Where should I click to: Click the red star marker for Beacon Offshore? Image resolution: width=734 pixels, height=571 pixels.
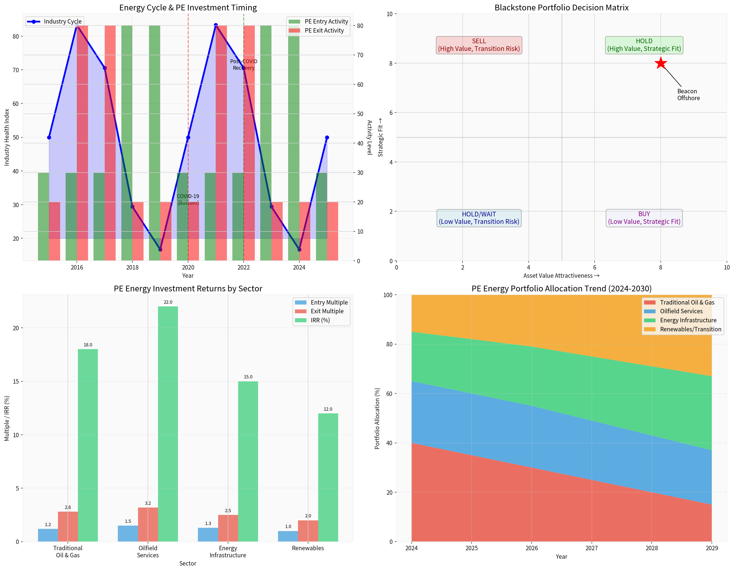[x=660, y=63]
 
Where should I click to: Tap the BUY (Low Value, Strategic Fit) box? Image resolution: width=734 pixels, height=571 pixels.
[x=644, y=218]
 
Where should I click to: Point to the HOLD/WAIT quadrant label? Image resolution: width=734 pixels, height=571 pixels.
[x=479, y=218]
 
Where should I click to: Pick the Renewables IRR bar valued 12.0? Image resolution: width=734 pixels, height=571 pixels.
[x=328, y=477]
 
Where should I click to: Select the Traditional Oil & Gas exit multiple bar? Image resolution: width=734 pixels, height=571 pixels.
[x=68, y=527]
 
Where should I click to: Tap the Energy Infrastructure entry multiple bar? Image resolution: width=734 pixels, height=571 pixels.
[x=208, y=535]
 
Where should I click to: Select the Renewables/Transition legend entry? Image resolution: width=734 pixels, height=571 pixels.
[x=690, y=329]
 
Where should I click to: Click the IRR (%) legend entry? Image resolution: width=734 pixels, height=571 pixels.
[x=320, y=320]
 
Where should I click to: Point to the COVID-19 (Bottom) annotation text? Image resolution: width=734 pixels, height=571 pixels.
[x=188, y=199]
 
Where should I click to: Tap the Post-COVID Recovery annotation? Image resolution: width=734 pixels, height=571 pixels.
[x=244, y=65]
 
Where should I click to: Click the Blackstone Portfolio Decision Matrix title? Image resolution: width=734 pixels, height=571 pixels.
[x=561, y=7]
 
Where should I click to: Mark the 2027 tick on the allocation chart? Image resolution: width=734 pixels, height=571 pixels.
[x=592, y=548]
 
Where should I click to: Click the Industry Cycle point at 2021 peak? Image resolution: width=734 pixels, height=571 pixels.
[x=216, y=25]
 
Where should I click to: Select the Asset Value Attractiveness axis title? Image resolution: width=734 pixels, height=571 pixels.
[x=561, y=276]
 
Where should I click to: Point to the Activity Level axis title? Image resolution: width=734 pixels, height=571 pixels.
[x=369, y=137]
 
